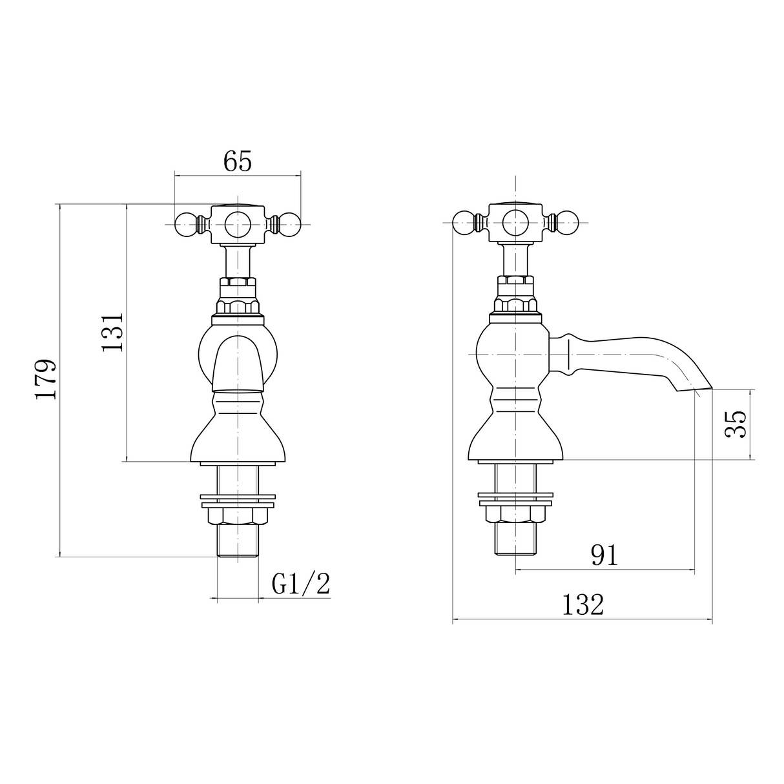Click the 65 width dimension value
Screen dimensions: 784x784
(237, 161)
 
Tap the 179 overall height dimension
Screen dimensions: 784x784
(46, 379)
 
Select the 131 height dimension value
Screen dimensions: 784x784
(112, 332)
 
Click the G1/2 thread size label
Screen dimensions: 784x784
(300, 584)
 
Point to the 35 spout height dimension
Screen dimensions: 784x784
(736, 424)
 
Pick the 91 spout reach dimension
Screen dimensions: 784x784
(604, 555)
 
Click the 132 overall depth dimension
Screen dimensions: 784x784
(583, 605)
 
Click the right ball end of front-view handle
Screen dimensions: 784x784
(290, 224)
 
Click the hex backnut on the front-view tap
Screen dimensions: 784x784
(238, 515)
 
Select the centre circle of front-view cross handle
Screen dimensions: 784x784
(238, 225)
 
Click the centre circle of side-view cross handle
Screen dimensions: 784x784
(515, 223)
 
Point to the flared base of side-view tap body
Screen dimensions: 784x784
(515, 439)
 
